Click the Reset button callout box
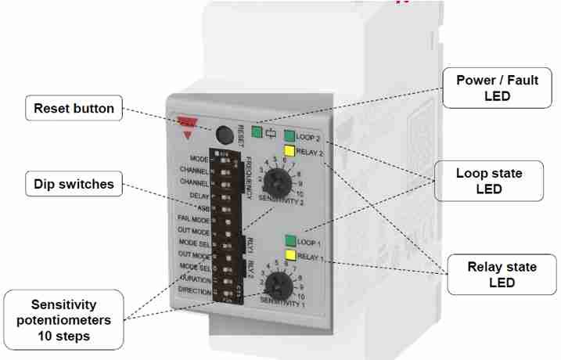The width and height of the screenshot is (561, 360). click(x=74, y=109)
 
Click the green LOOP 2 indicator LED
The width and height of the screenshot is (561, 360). click(x=289, y=135)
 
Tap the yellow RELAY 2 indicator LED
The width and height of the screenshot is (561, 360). click(x=289, y=151)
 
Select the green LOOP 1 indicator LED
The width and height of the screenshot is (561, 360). click(x=290, y=241)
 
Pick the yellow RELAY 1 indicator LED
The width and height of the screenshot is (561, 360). click(x=290, y=255)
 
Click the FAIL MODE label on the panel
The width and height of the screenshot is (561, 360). click(x=194, y=219)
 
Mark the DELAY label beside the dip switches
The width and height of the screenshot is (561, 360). click(x=200, y=195)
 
